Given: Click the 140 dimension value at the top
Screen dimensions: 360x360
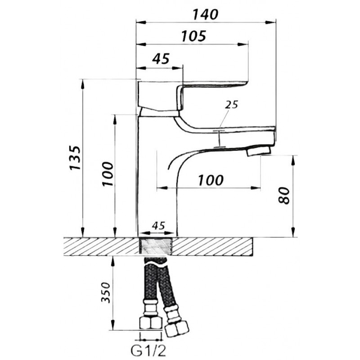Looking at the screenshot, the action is [205, 15].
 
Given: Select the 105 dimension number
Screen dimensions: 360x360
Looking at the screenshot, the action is [193, 36].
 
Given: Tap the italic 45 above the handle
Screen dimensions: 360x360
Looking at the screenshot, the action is [161, 59].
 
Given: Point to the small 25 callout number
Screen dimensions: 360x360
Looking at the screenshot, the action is [231, 105].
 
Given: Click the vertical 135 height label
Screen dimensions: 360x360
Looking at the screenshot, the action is [75, 158].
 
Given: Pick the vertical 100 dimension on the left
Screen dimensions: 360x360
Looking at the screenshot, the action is [108, 174].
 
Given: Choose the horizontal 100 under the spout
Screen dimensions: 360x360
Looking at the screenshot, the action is [211, 180].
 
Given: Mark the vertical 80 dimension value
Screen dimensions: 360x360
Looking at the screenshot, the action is [284, 195].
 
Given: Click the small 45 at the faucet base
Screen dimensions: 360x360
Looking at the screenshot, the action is [158, 226].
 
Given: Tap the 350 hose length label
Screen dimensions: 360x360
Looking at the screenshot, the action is [106, 292].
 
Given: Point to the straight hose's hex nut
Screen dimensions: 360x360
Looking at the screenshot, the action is [151, 323].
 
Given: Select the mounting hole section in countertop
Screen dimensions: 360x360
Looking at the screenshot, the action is [156, 246].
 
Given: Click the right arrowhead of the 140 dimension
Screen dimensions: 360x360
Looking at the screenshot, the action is [270, 22].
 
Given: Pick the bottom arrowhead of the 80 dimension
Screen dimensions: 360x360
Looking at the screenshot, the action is [293, 232].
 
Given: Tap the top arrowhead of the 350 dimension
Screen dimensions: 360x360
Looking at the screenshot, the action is [113, 261].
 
